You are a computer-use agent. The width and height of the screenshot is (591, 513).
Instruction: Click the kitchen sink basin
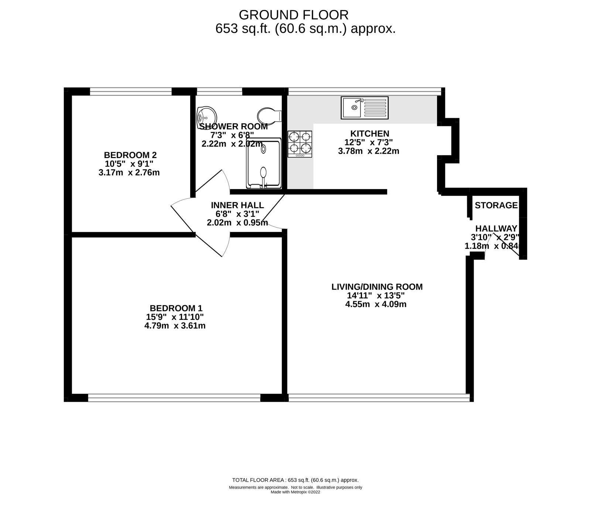(351, 107)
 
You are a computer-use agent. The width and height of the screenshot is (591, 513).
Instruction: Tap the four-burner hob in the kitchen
(300, 144)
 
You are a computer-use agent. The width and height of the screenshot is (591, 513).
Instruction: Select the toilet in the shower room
(269, 115)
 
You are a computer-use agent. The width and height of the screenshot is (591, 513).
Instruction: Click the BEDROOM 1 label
(176, 308)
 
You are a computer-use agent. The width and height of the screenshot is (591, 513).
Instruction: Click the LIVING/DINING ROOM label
(377, 287)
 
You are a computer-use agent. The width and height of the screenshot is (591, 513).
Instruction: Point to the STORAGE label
(496, 205)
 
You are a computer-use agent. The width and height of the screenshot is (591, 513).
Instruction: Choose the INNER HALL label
(237, 205)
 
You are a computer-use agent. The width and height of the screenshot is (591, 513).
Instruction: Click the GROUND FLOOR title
(293, 15)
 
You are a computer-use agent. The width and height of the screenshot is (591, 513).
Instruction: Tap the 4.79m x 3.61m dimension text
(175, 326)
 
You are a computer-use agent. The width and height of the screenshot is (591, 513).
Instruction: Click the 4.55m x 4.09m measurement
(375, 304)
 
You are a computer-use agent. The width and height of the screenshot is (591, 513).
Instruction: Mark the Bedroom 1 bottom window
(174, 397)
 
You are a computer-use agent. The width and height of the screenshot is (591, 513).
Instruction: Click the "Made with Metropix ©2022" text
(295, 502)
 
